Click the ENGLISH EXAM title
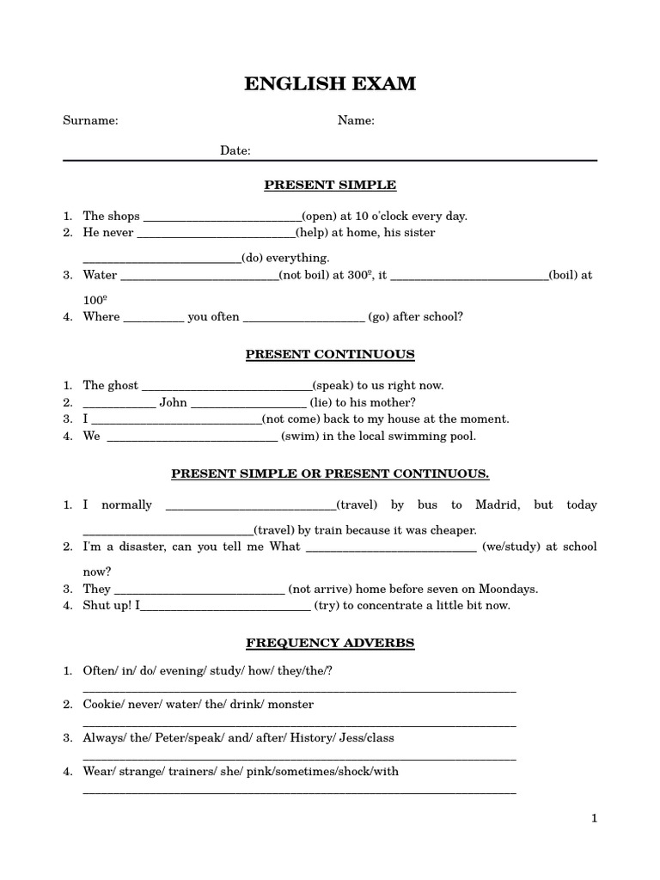click(x=330, y=83)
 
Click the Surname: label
click(x=90, y=121)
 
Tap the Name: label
click(x=356, y=121)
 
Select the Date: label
click(x=235, y=151)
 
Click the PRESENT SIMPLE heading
click(x=330, y=185)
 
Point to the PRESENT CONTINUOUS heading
click(x=330, y=354)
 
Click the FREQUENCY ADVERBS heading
click(x=330, y=643)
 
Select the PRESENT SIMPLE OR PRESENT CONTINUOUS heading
click(x=330, y=474)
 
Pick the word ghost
click(x=121, y=386)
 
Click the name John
click(x=173, y=402)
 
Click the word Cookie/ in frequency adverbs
click(x=102, y=705)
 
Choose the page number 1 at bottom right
click(x=593, y=819)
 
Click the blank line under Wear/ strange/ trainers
click(x=299, y=791)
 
